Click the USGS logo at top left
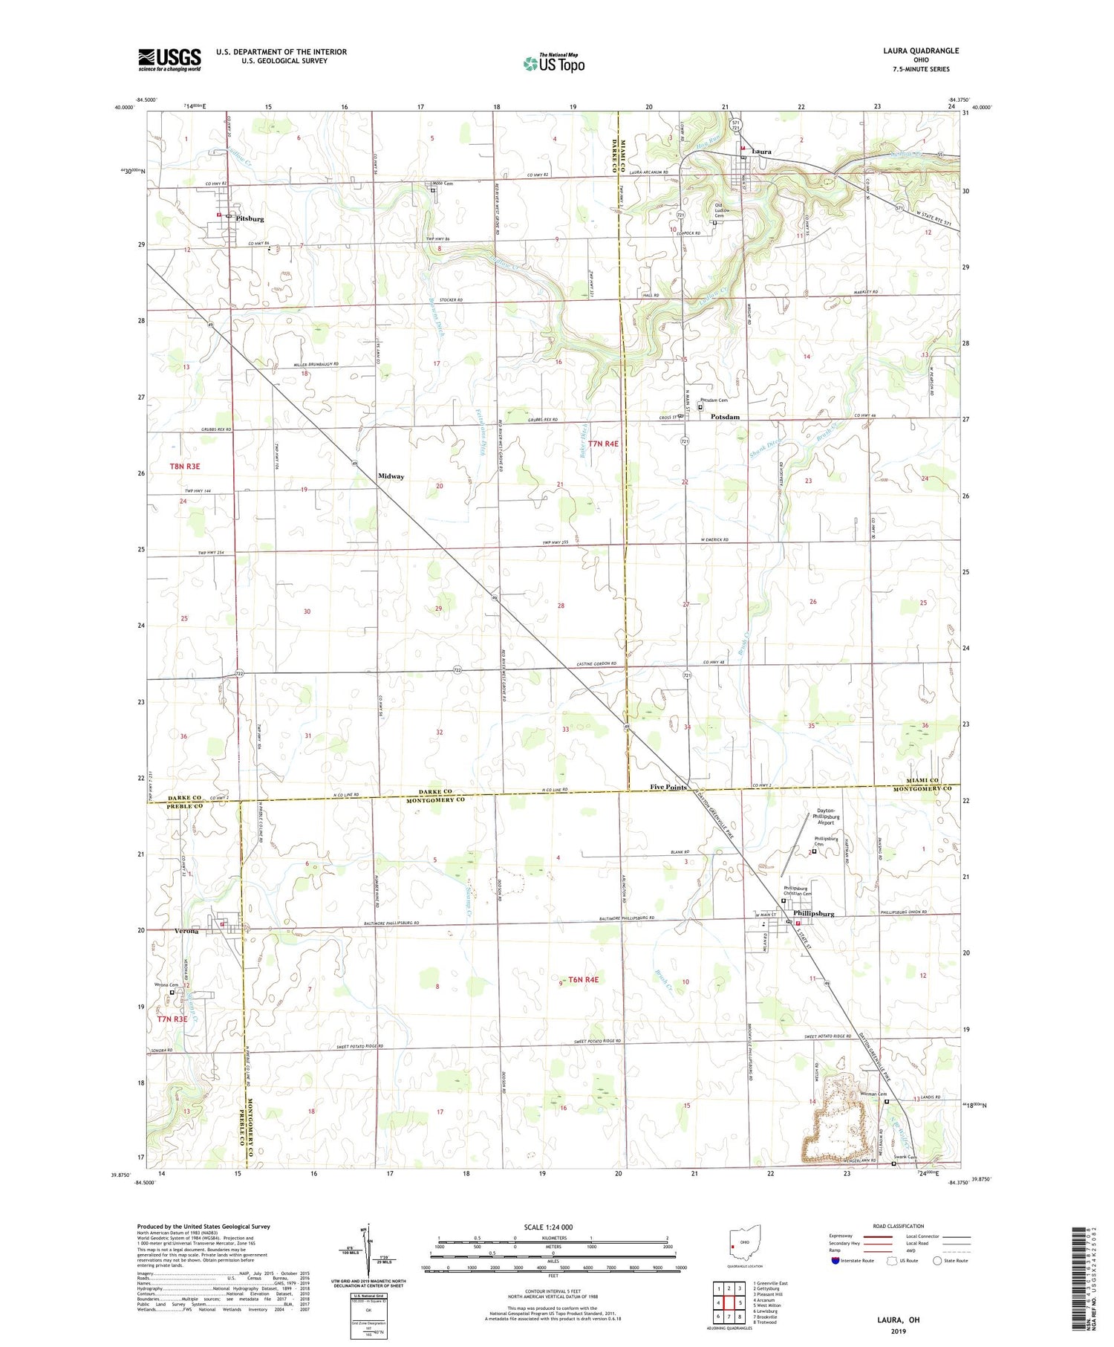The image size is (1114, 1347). pos(169,59)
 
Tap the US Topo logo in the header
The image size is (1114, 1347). pos(553,64)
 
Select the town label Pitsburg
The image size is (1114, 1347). pos(250,219)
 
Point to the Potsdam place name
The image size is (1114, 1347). pos(725,417)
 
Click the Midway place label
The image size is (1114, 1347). pos(391,476)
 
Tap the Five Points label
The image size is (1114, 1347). pos(668,787)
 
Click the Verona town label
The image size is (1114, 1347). pos(186,931)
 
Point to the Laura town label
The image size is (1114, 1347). pos(762,152)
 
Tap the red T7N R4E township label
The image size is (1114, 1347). pos(603,444)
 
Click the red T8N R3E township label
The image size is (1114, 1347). pos(185,466)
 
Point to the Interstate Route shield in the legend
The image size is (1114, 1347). pos(835,1260)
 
